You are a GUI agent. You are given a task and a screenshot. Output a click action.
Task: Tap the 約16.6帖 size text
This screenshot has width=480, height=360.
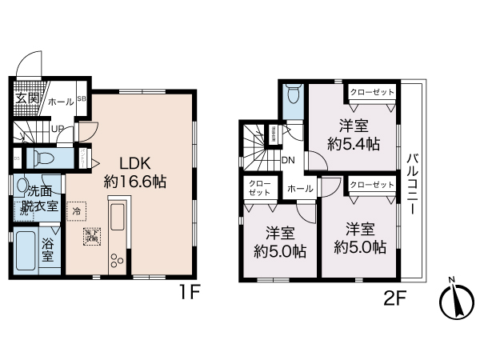[134, 182]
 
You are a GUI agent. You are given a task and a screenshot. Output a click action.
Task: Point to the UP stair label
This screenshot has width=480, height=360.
[58, 128]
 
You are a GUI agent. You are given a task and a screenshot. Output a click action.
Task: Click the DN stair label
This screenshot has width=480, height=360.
[289, 159]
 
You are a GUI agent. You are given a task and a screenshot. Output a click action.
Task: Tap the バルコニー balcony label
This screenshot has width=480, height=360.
[413, 182]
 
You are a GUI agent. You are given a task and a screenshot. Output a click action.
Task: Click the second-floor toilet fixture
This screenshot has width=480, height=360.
[291, 96]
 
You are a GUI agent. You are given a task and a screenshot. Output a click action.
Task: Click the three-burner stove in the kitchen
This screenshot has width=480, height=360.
[118, 260]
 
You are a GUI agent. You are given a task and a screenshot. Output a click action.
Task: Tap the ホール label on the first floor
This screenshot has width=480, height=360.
[61, 102]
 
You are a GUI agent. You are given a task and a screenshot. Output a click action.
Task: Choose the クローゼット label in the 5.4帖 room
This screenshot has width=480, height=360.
[372, 93]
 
